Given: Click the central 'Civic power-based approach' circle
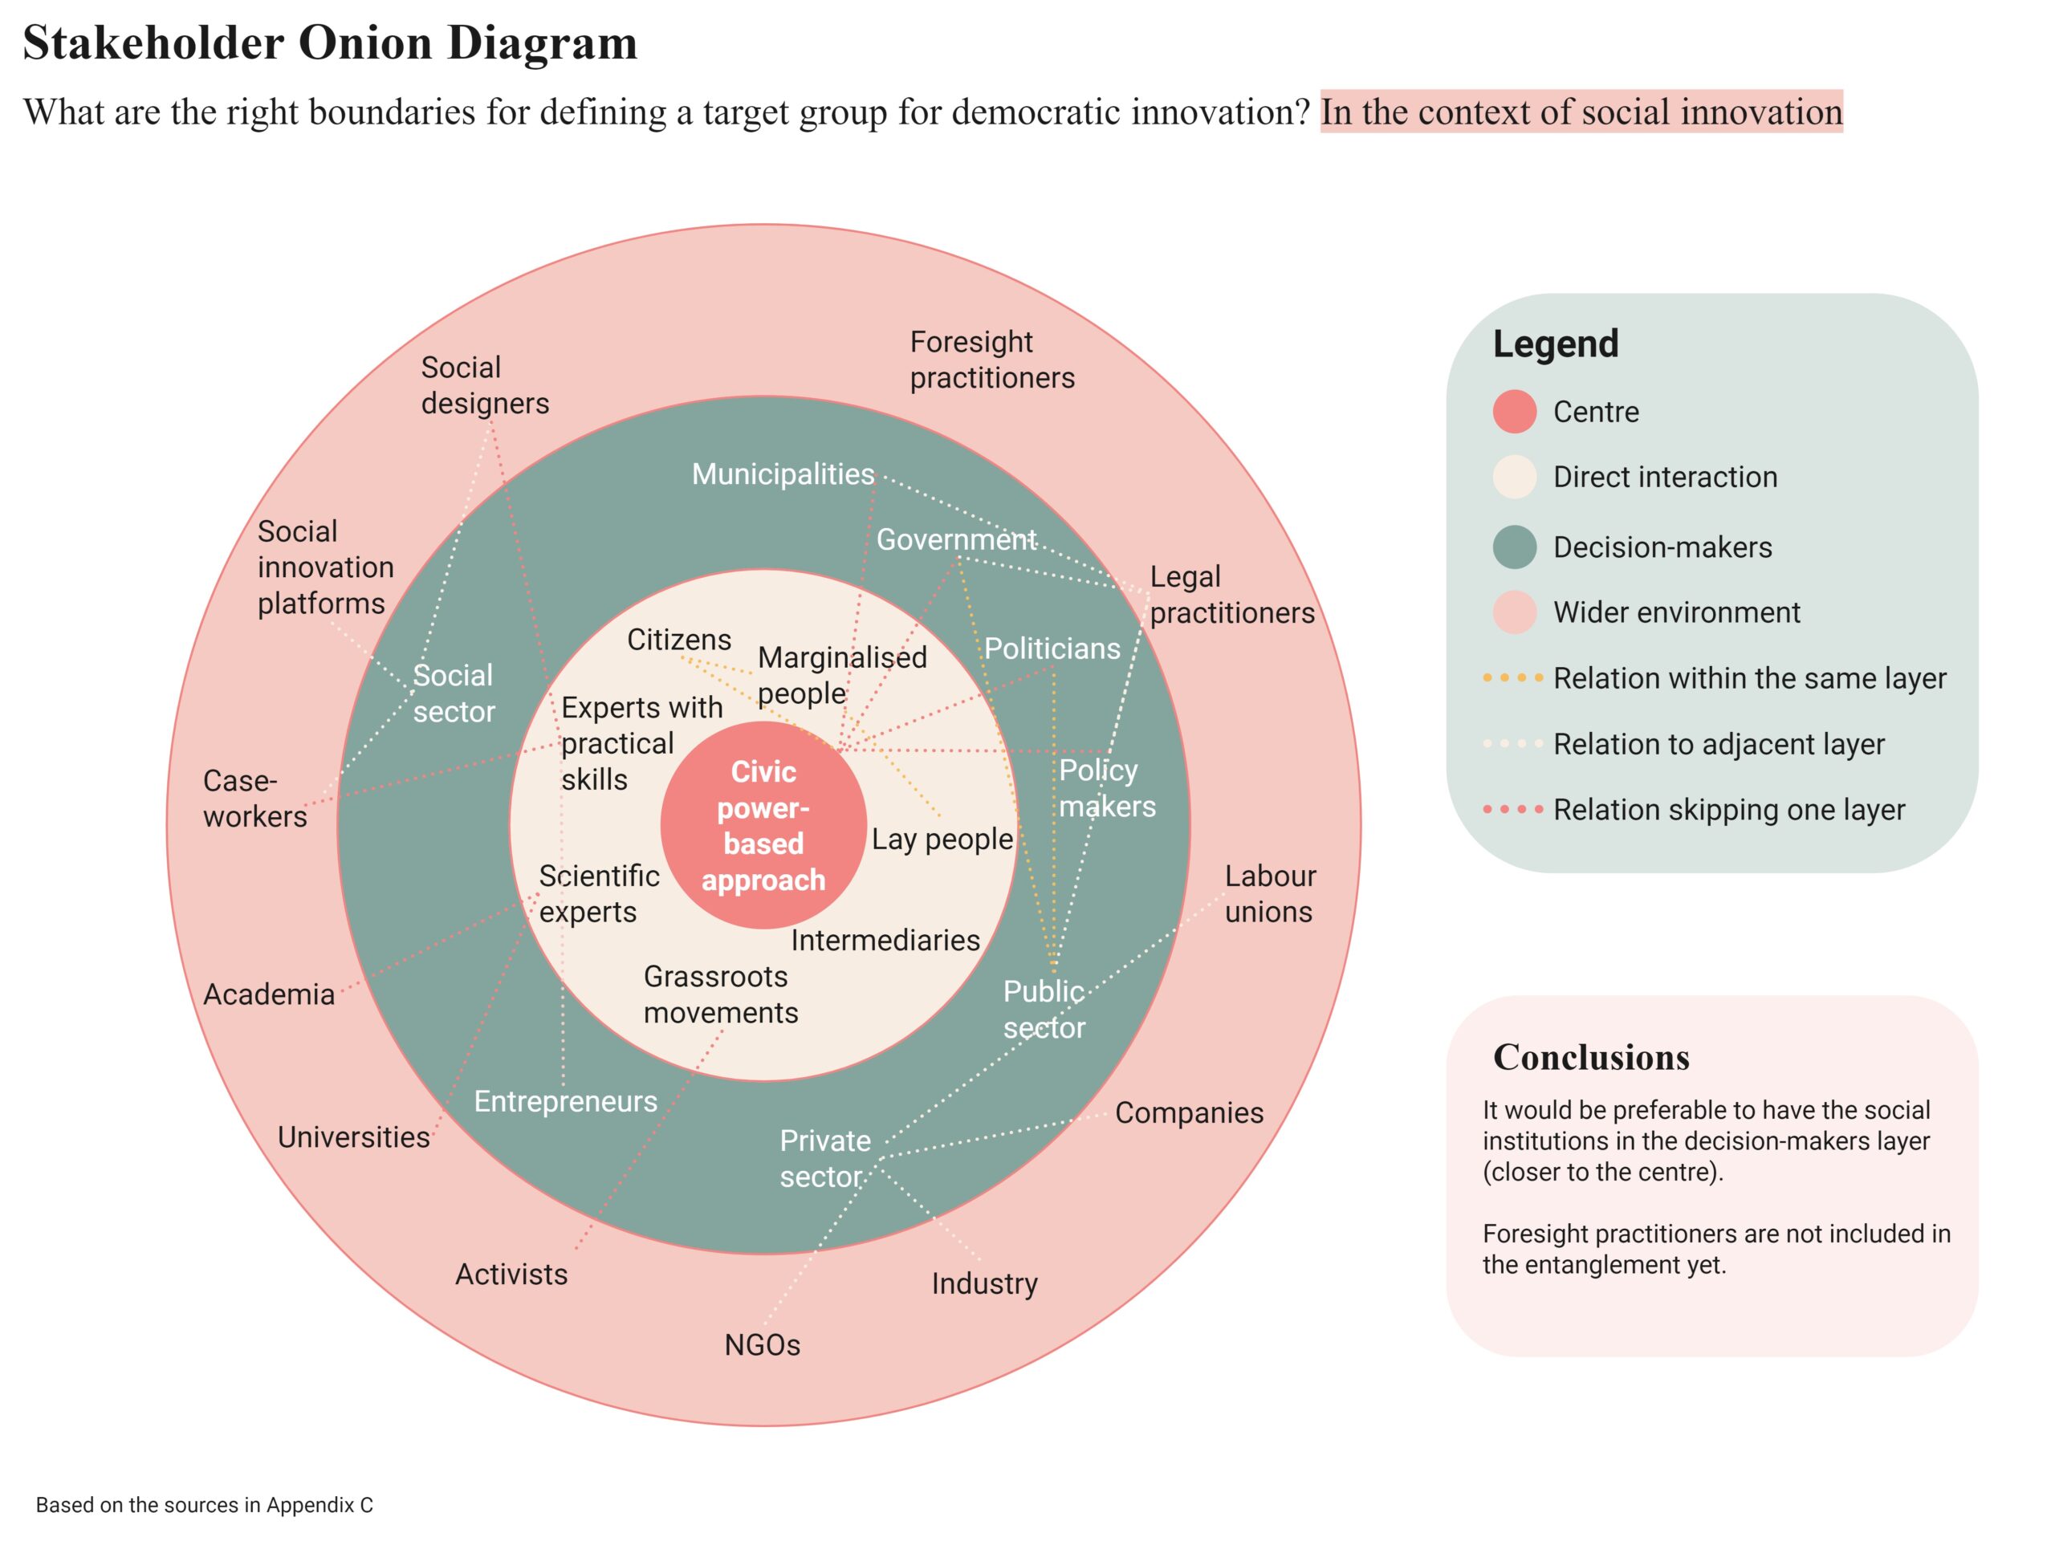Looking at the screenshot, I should [763, 825].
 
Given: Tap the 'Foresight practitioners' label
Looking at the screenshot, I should [991, 360].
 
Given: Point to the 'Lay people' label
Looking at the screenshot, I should [941, 839].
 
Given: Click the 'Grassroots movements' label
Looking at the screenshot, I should [719, 994].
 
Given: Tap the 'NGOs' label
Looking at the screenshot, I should [762, 1344].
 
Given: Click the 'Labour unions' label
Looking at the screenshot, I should [1269, 893].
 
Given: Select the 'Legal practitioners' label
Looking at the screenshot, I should [1231, 595].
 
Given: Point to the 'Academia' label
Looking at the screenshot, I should [268, 994].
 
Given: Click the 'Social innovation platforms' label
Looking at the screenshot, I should [324, 567].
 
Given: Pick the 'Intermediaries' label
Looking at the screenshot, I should [885, 940].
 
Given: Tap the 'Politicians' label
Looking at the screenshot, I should [1052, 649].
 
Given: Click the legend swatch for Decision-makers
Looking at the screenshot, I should [1513, 547].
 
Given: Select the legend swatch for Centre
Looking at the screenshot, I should [1513, 412].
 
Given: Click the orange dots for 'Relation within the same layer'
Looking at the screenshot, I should [1512, 678].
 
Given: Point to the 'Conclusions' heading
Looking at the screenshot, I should [1590, 1057].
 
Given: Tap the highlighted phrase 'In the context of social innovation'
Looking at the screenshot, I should [1581, 112].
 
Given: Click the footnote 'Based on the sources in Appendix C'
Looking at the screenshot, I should [205, 1505].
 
